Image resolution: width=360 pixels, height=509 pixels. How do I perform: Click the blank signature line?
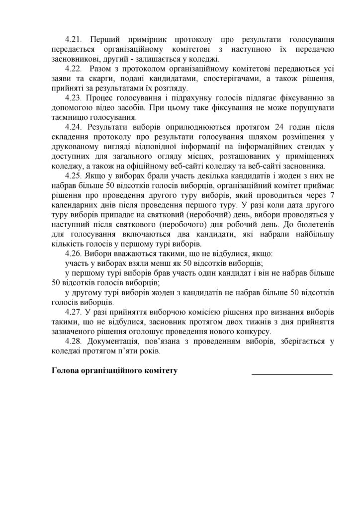point(291,373)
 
